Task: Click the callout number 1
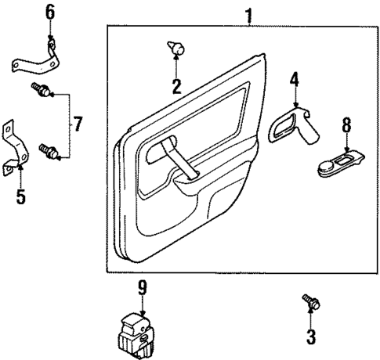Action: pos(248,13)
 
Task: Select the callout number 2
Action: pos(176,86)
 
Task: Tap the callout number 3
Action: pos(310,338)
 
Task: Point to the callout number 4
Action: pos(295,79)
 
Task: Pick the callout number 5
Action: pos(20,196)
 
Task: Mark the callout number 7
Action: pos(77,123)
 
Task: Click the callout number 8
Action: pos(347,124)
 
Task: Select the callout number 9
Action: pos(142,290)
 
